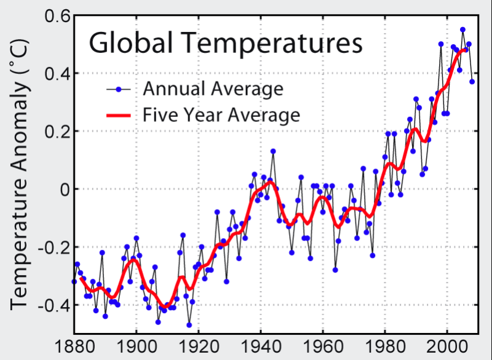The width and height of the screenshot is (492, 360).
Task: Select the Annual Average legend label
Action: (213, 89)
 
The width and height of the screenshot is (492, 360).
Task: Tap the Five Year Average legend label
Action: (221, 114)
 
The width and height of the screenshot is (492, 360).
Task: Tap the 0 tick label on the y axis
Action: (63, 190)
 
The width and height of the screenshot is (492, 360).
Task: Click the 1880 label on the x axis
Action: (74, 347)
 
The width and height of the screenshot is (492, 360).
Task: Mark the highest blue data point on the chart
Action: (462, 30)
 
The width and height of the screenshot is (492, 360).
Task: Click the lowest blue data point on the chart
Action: (189, 325)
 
